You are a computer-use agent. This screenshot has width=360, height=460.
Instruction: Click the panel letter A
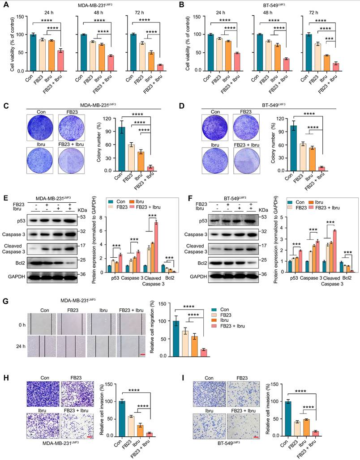click(x=6, y=6)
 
